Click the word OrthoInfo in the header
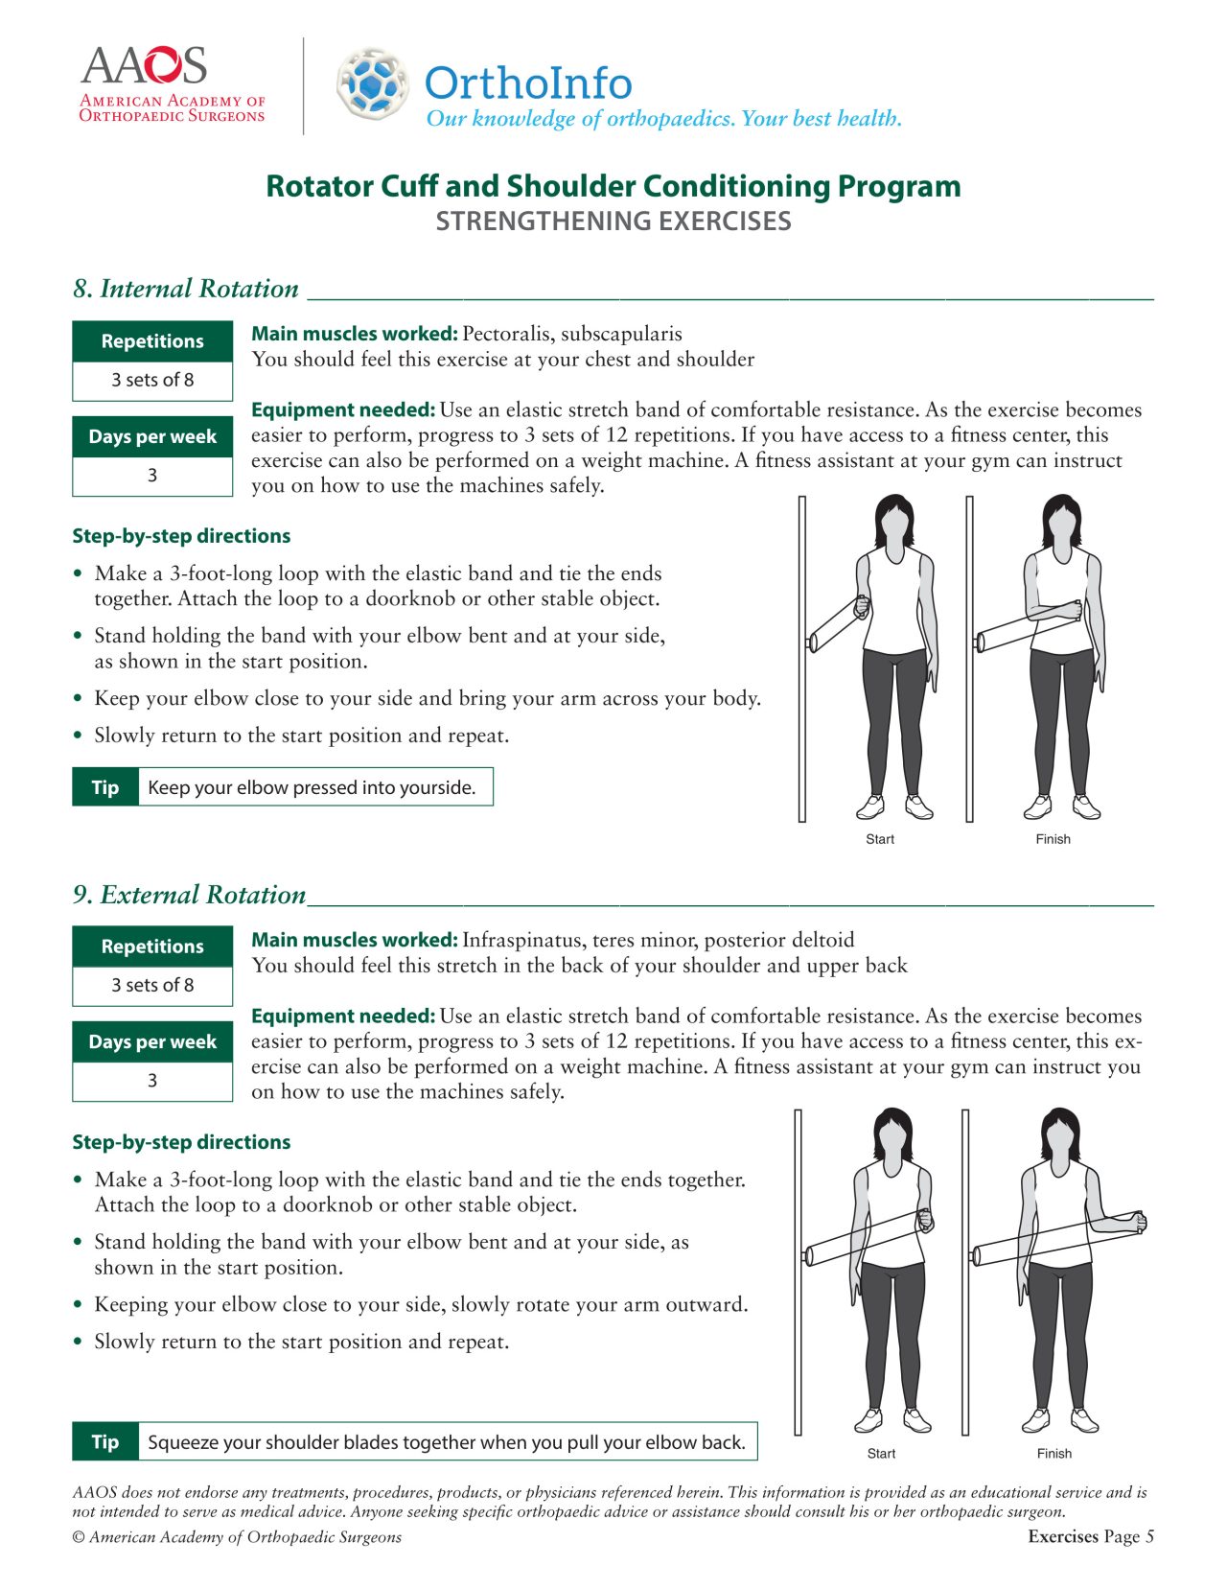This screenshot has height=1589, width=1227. pos(528,82)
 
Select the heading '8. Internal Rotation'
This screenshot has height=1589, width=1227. pos(186,289)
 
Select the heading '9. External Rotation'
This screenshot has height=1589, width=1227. pos(190,895)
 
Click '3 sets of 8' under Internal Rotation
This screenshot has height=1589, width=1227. pos(152,380)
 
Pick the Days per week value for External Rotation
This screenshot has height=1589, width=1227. pos(152,1081)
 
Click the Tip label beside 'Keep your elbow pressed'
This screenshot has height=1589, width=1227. pos(105,787)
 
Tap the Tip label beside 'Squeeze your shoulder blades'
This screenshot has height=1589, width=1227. pos(105,1442)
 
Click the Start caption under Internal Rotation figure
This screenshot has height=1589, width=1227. pos(879,839)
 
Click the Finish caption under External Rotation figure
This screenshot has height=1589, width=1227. pos(1053,1454)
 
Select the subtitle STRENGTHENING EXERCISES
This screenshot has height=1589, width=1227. pos(613,222)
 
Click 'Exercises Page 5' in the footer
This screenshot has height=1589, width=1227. pos(1090,1536)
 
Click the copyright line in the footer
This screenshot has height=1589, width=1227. pos(237,1537)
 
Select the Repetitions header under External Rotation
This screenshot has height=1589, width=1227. pos(152,946)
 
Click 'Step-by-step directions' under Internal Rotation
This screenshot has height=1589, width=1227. pos(181,536)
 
